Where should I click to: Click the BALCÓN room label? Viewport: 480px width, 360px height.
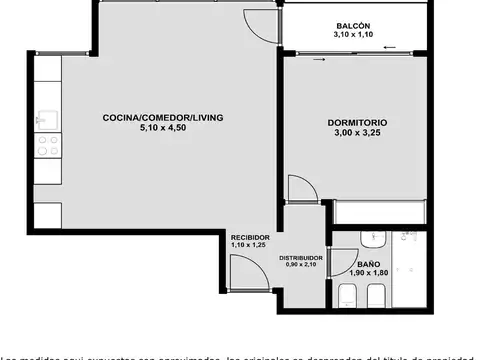(x=352, y=25)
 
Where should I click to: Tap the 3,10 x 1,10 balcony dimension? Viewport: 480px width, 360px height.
(x=352, y=35)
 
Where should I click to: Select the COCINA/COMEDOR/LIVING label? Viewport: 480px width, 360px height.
(x=163, y=118)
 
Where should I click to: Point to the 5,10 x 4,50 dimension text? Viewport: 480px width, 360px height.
(x=163, y=128)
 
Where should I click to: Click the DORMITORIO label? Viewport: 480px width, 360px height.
(x=357, y=123)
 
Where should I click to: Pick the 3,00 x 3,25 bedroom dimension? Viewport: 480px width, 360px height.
(x=357, y=133)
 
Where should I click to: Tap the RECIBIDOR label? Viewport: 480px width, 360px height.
(x=248, y=237)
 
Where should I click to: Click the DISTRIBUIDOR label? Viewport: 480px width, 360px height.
(x=300, y=257)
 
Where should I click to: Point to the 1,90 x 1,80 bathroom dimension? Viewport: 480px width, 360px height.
(x=369, y=273)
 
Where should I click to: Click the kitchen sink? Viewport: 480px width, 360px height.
(x=46, y=121)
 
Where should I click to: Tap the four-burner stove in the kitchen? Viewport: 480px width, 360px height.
(x=46, y=148)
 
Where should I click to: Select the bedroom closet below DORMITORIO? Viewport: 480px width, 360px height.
(x=380, y=211)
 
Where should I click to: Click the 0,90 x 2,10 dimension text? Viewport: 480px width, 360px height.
(x=300, y=265)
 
